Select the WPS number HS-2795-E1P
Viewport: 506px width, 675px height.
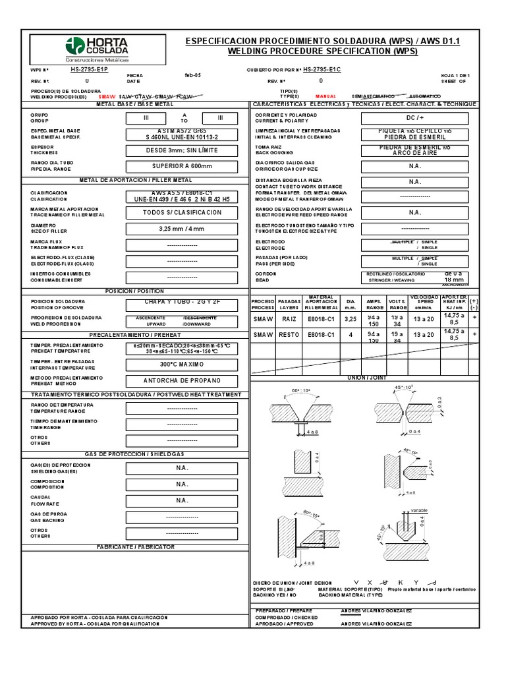coord(90,69)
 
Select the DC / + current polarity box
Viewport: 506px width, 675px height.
coord(414,118)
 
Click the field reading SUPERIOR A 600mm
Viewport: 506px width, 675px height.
coord(183,166)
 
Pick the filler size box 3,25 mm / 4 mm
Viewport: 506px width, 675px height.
coord(183,229)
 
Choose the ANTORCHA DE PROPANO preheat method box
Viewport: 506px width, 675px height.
coord(183,380)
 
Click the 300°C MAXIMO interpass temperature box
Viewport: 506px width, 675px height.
coord(183,364)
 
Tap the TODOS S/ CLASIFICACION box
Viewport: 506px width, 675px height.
coord(183,213)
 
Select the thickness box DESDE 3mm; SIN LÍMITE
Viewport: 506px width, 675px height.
coord(183,150)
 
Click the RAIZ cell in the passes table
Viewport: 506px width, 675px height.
coord(289,318)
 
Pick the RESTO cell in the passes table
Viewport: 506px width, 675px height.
coord(289,335)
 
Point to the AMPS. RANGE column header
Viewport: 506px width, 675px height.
coord(374,303)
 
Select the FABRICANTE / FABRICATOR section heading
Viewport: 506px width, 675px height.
coord(136,547)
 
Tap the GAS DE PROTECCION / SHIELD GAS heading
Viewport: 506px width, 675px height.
coord(136,454)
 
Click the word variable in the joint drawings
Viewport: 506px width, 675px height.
coord(420,510)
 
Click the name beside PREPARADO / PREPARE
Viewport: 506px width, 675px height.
coord(376,611)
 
